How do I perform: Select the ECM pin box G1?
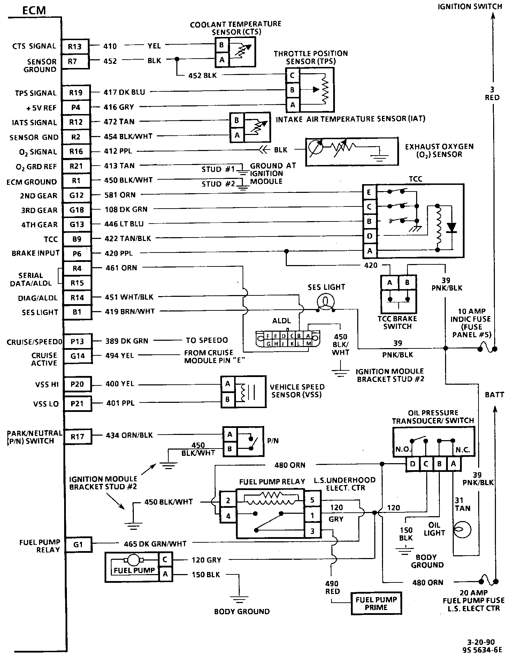pyautogui.click(x=78, y=544)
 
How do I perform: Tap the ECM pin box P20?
pyautogui.click(x=77, y=384)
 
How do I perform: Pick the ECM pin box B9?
pyautogui.click(x=77, y=239)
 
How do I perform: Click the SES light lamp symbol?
pyautogui.click(x=326, y=301)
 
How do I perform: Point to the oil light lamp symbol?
pyautogui.click(x=462, y=529)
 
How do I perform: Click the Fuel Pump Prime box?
pyautogui.click(x=376, y=603)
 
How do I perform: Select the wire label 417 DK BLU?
pyautogui.click(x=124, y=92)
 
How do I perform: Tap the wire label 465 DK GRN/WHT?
pyautogui.click(x=155, y=544)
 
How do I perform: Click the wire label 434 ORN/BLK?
pyautogui.click(x=129, y=435)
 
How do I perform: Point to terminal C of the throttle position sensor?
pyautogui.click(x=292, y=75)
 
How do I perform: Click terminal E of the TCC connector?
pyautogui.click(x=369, y=192)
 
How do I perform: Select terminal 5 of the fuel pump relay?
pyautogui.click(x=312, y=500)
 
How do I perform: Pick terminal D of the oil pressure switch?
pyautogui.click(x=413, y=464)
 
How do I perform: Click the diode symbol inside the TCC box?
pyautogui.click(x=452, y=228)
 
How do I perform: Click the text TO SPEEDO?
pyautogui.click(x=207, y=340)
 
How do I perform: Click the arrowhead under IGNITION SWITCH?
pyautogui.click(x=493, y=16)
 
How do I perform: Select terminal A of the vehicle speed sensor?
pyautogui.click(x=228, y=384)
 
